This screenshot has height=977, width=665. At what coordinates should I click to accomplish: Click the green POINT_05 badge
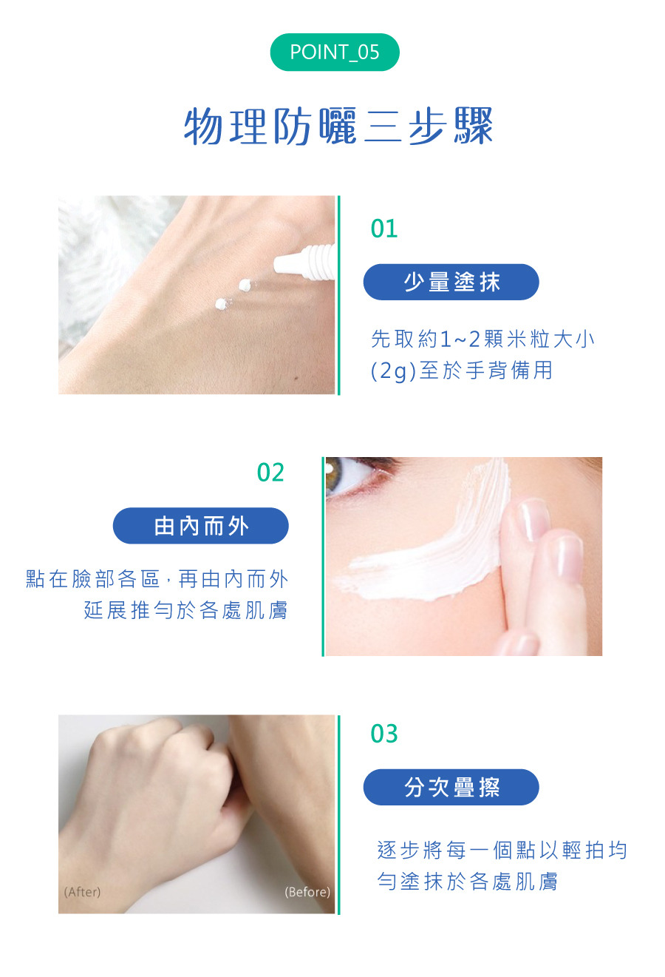pyautogui.click(x=334, y=53)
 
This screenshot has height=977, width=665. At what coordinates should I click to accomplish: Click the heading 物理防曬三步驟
pyautogui.click(x=338, y=126)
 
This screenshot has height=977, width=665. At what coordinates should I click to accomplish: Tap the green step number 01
pyautogui.click(x=384, y=229)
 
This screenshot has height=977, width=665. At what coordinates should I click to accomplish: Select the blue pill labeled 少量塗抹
pyautogui.click(x=451, y=282)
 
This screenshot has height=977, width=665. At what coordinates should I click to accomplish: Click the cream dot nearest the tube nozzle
pyautogui.click(x=245, y=285)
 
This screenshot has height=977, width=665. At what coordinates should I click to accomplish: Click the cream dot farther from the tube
pyautogui.click(x=222, y=303)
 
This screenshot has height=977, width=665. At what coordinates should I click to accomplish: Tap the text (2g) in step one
pyautogui.click(x=394, y=371)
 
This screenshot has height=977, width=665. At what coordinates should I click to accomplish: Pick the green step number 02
pyautogui.click(x=270, y=473)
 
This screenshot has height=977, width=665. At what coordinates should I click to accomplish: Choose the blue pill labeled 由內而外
pyautogui.click(x=200, y=526)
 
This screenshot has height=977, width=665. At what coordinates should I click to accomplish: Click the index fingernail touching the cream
pyautogui.click(x=533, y=519)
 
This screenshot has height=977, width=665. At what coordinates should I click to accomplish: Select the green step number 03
pyautogui.click(x=384, y=734)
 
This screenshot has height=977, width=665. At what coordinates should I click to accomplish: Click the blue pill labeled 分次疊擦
pyautogui.click(x=451, y=787)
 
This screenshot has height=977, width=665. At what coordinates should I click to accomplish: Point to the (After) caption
pyautogui.click(x=82, y=892)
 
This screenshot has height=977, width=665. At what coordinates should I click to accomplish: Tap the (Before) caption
pyautogui.click(x=307, y=892)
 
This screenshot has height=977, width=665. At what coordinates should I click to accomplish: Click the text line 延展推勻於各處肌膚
pyautogui.click(x=185, y=610)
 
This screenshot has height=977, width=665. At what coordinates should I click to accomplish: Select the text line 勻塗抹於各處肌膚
pyautogui.click(x=467, y=882)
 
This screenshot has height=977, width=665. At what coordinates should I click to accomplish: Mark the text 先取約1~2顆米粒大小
pyautogui.click(x=482, y=339)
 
